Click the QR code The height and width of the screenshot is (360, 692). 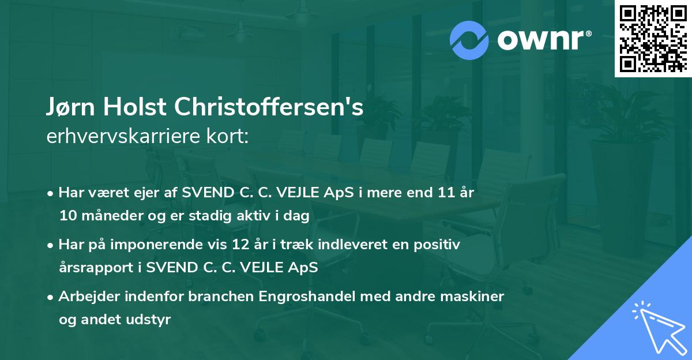(653, 38)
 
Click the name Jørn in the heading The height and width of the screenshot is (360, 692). (72, 108)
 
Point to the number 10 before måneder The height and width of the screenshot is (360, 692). (67, 216)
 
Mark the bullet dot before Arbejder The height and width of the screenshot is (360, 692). (51, 298)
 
